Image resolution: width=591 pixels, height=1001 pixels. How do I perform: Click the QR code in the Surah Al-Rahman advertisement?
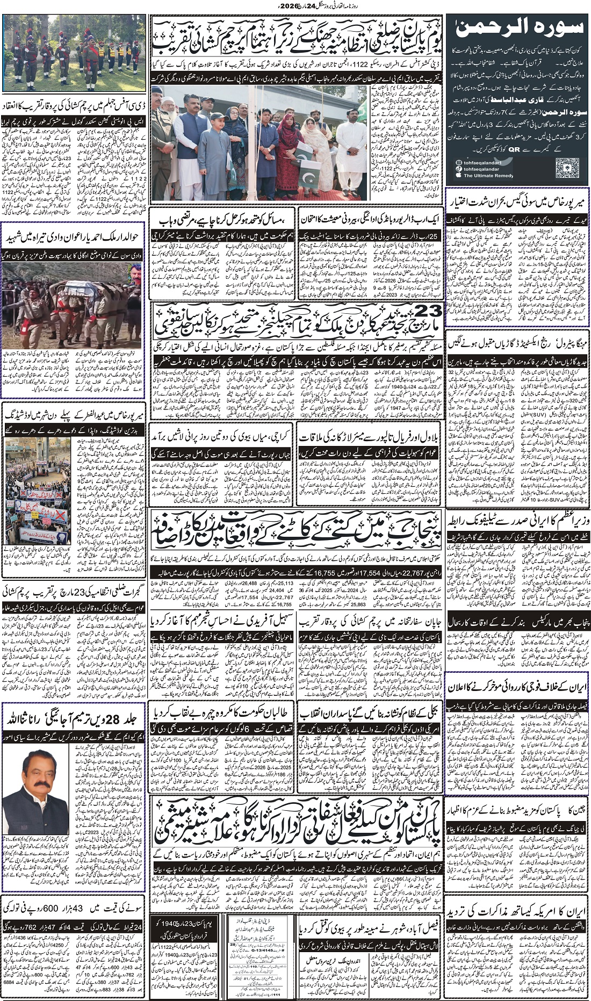coord(568,165)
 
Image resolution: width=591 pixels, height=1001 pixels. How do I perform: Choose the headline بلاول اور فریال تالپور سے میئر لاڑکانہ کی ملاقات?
coord(370,435)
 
